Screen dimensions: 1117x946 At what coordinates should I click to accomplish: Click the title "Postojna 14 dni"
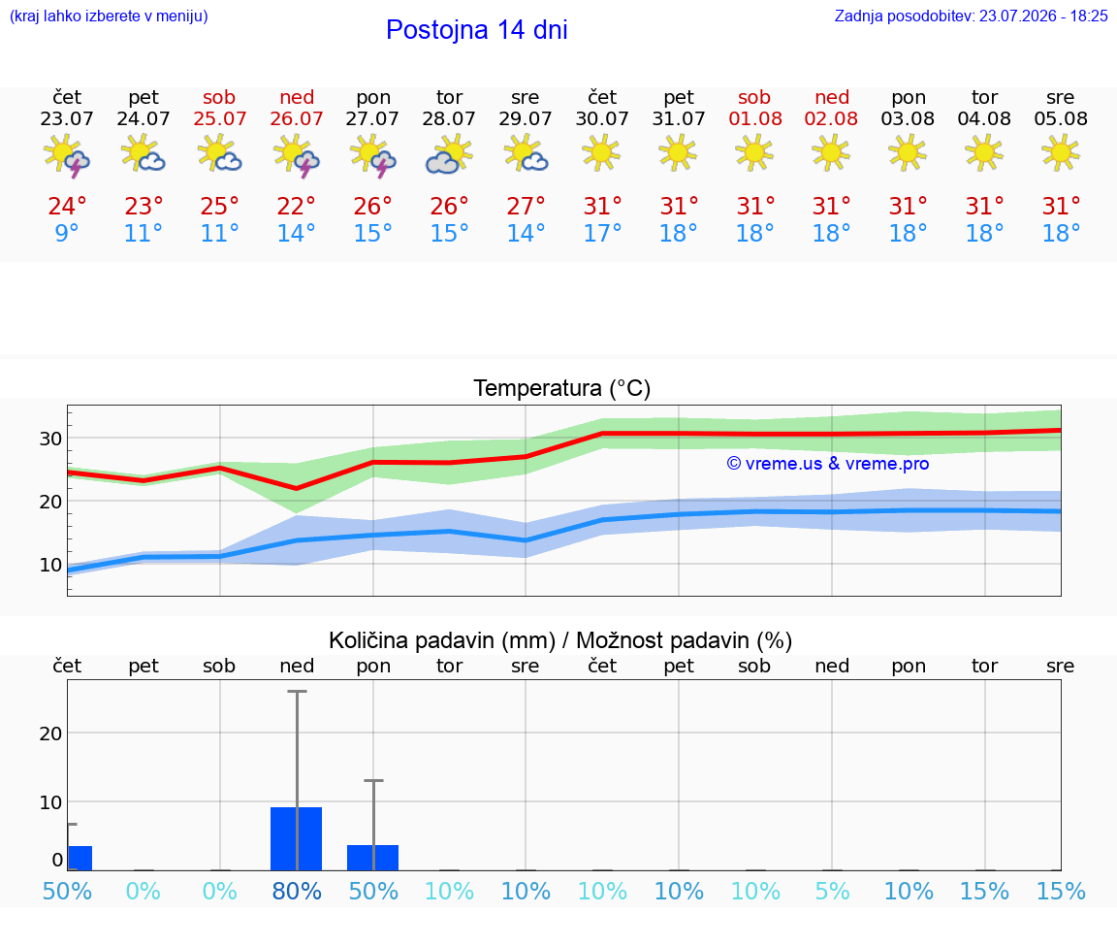[477, 30]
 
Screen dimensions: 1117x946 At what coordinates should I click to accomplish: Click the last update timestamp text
[971, 16]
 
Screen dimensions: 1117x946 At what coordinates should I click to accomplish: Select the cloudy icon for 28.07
[449, 154]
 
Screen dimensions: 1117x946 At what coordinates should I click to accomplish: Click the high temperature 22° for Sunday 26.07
[296, 206]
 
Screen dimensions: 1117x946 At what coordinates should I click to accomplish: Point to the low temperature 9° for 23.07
[66, 233]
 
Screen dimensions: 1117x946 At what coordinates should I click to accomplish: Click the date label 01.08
[755, 118]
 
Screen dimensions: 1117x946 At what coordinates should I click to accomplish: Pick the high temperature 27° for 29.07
[525, 206]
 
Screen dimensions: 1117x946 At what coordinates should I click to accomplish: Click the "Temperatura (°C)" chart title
[562, 388]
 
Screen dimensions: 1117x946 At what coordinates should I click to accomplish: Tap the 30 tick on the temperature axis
[50, 439]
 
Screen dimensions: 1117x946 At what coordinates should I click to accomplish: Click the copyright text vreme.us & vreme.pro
[828, 464]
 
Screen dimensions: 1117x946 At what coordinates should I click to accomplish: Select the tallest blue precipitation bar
[297, 838]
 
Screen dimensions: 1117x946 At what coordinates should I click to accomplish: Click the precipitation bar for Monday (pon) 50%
[372, 858]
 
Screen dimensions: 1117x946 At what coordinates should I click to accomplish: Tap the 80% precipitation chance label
[297, 891]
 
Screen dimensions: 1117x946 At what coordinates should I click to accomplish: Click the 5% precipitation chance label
[832, 891]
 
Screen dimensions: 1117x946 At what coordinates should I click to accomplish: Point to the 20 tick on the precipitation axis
[50, 734]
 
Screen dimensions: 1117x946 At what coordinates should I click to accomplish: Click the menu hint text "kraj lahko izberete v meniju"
[109, 16]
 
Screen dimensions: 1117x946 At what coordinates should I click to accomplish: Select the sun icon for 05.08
[1060, 153]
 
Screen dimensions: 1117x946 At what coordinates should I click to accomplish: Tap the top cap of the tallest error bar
[297, 691]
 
